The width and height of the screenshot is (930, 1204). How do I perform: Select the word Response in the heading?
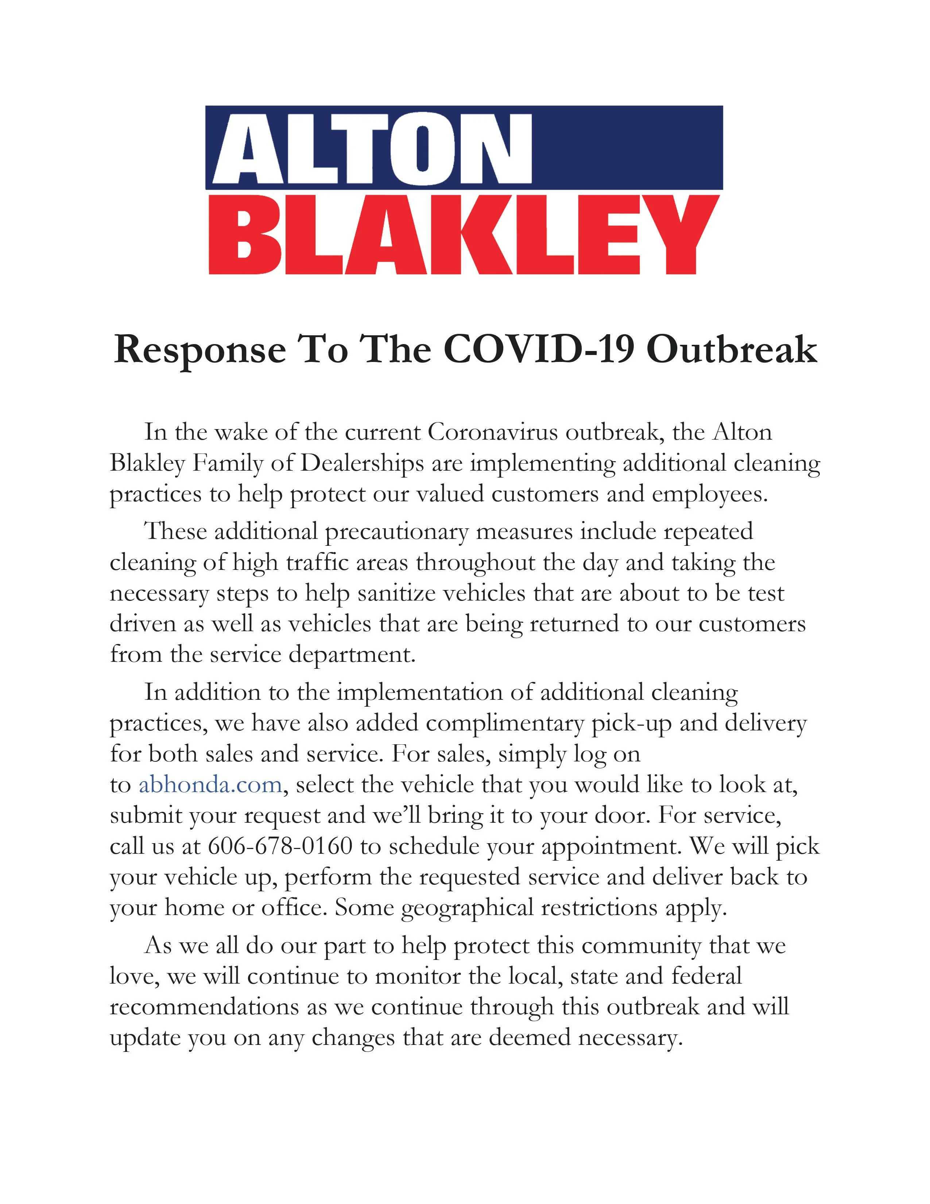click(199, 351)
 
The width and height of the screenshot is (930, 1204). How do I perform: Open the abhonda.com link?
click(210, 784)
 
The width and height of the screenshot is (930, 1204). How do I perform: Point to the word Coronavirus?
click(493, 432)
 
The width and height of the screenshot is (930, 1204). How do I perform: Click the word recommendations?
click(204, 1007)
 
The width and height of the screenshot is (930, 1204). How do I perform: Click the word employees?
click(710, 494)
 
